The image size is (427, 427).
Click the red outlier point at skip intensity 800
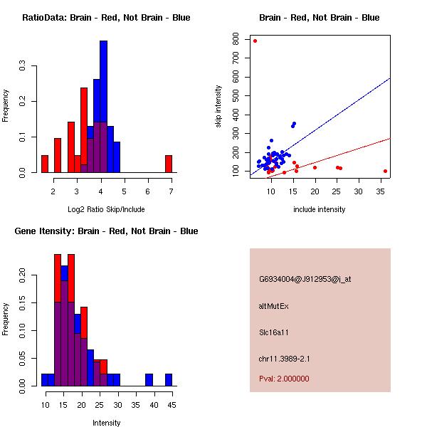(255, 41)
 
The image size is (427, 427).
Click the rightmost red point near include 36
(385, 171)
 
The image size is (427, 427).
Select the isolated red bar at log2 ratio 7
(169, 164)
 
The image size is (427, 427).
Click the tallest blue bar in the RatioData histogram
(103, 107)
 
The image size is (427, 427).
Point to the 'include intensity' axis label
(320, 209)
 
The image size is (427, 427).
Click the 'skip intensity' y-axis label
(220, 107)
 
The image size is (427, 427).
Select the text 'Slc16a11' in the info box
(274, 332)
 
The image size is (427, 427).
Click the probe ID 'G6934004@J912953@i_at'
(305, 279)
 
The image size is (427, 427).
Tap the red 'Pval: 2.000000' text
(284, 379)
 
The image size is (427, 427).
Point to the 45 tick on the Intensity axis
(172, 406)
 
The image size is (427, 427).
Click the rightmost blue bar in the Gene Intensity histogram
(169, 380)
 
